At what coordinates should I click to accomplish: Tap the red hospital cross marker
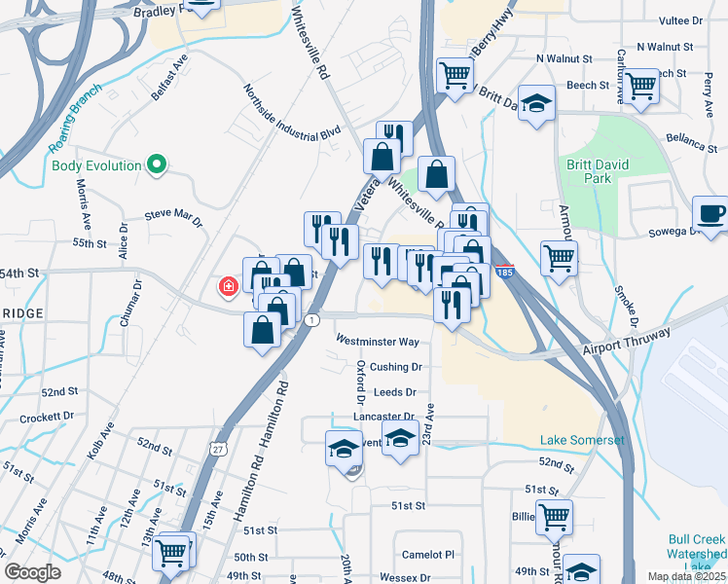tap(229, 287)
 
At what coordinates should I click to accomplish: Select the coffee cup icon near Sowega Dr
tap(710, 213)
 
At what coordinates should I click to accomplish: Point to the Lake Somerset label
tap(582, 441)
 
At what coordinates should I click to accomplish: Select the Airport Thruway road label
tap(629, 342)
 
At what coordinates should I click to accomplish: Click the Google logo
tap(32, 572)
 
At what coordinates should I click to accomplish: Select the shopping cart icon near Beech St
tap(641, 85)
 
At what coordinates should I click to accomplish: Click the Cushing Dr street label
tap(396, 367)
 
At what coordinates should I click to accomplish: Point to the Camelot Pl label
tap(428, 554)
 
